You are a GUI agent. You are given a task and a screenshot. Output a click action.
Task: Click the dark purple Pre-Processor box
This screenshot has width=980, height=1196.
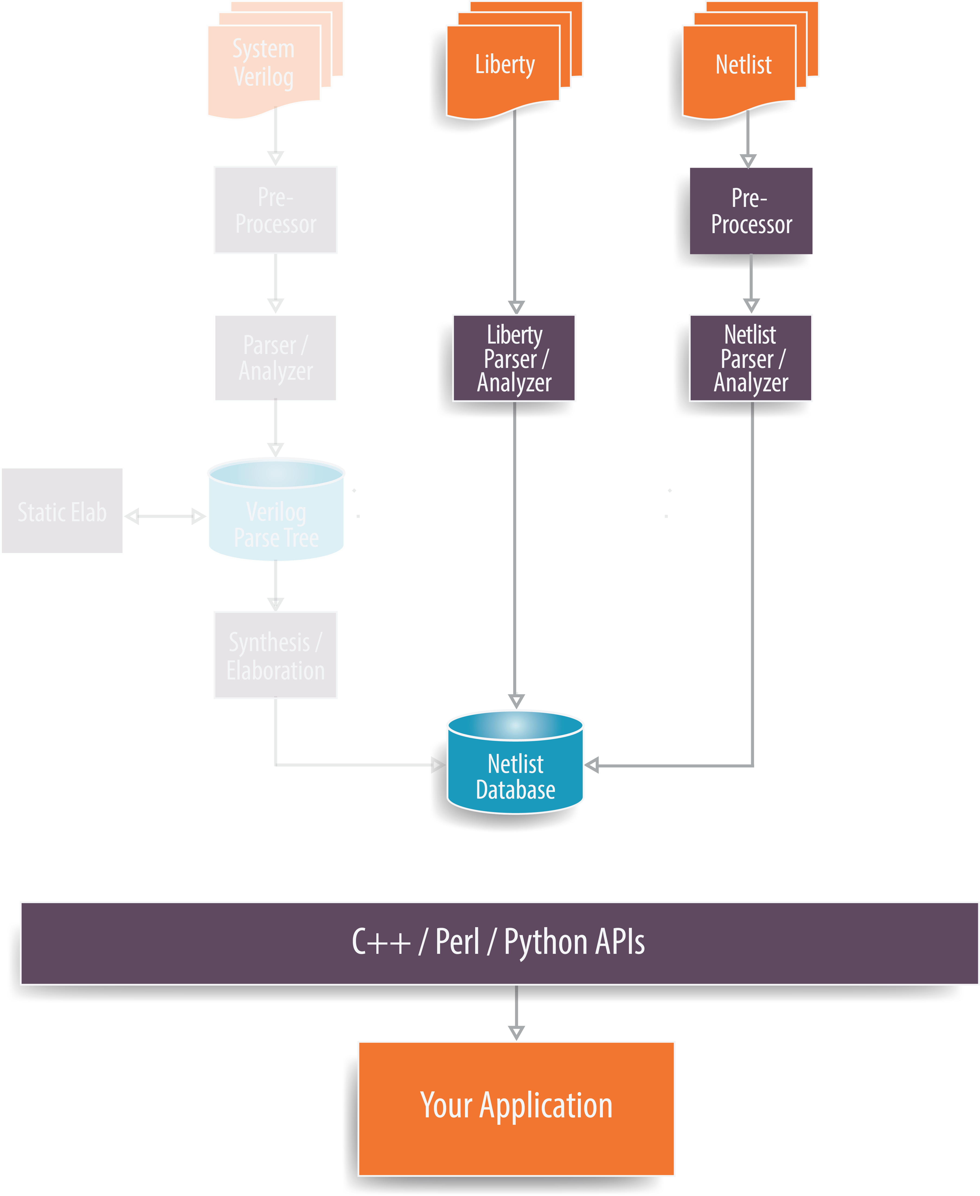(x=751, y=211)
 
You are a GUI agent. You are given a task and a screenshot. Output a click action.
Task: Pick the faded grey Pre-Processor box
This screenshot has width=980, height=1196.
(x=275, y=210)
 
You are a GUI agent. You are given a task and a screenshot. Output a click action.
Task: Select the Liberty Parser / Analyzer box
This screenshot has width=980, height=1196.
(x=514, y=358)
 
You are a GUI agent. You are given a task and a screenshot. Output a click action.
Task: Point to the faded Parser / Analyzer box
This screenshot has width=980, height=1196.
(x=275, y=358)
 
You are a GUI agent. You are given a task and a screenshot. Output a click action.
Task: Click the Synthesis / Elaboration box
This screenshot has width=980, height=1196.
(x=275, y=655)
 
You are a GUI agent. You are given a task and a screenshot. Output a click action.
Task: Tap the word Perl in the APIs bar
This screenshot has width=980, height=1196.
(x=457, y=942)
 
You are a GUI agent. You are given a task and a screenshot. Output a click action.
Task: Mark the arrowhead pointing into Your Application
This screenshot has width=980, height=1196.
(x=516, y=1032)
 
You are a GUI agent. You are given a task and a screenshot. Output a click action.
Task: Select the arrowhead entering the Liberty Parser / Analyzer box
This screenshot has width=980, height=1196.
(x=516, y=307)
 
